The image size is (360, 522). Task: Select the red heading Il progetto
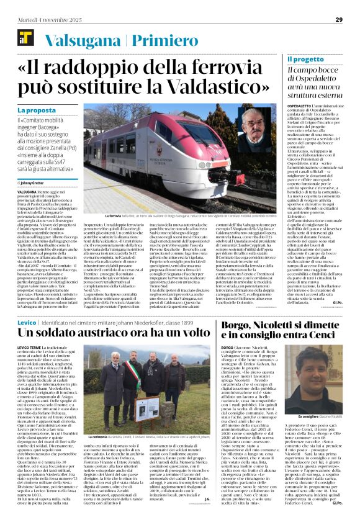tap(306, 60)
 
